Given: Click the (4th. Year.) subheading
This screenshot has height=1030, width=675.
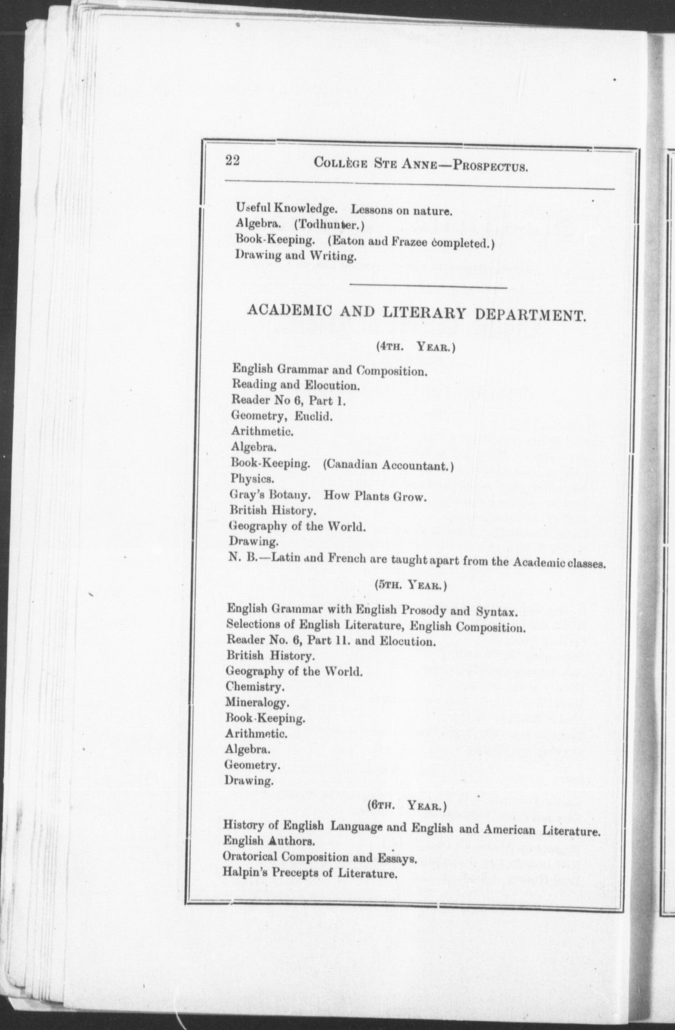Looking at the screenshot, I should coord(416,347).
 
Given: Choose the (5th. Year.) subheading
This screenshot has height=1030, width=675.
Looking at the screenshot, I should coord(411,585).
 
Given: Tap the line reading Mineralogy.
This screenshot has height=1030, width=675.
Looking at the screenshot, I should coord(257,703).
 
